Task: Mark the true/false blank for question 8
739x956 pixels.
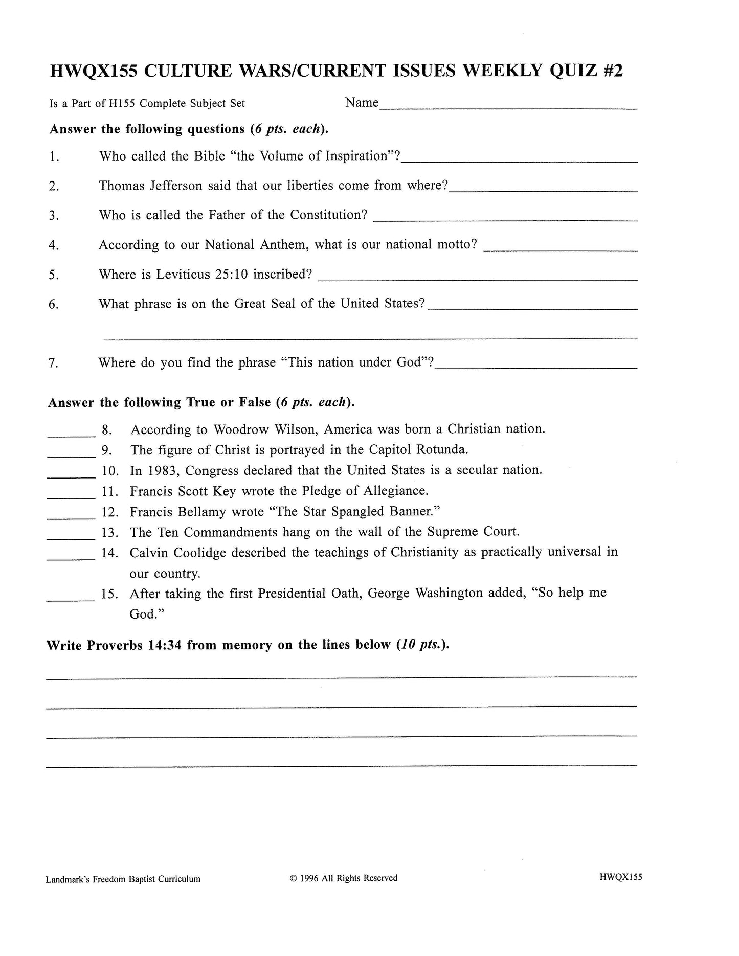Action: pyautogui.click(x=71, y=435)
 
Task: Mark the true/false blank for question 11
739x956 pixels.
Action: pyautogui.click(x=71, y=496)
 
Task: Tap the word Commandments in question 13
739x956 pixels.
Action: pyautogui.click(x=231, y=532)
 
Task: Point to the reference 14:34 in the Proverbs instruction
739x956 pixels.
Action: pyautogui.click(x=165, y=645)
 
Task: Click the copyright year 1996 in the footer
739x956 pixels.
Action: pyautogui.click(x=309, y=878)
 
